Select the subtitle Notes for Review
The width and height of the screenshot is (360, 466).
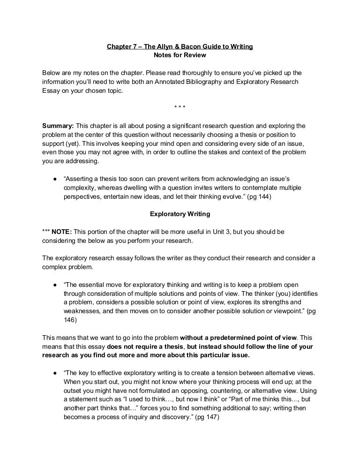(x=180, y=56)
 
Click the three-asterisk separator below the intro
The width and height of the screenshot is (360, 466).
(x=180, y=109)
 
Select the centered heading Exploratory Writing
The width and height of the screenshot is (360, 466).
(x=180, y=214)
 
